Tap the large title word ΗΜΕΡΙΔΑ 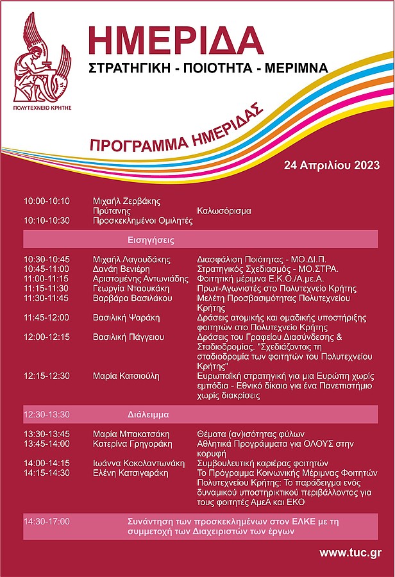(176, 41)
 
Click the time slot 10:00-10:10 (47, 201)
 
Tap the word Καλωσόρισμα (224, 210)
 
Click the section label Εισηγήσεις (151, 240)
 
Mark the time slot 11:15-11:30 (47, 288)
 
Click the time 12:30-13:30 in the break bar (47, 414)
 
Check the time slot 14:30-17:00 (47, 521)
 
